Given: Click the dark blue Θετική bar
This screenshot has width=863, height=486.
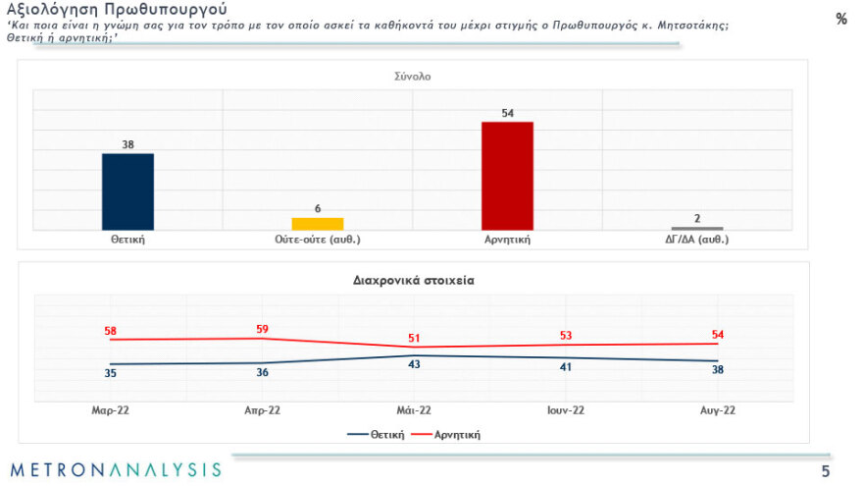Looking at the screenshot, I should pos(127,191).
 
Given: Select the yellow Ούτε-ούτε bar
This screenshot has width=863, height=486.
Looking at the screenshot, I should pos(318,224).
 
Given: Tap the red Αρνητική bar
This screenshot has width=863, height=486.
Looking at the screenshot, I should pos(507,176).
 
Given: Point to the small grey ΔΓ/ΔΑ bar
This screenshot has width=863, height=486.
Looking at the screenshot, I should pos(697,229).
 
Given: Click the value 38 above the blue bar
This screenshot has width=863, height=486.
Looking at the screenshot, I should pos(127,144).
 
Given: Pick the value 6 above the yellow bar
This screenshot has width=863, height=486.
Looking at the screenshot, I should pos(318,208).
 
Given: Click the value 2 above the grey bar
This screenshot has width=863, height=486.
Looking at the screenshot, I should pos(697,218).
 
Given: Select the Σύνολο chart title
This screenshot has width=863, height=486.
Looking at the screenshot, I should pos(412,76).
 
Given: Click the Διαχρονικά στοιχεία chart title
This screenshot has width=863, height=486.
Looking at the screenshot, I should pos(413,280).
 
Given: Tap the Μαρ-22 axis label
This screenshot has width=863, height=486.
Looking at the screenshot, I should pos(109,410).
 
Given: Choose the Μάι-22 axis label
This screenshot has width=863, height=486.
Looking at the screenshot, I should pos(413,410).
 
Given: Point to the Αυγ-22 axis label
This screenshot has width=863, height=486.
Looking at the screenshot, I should pos(717,410).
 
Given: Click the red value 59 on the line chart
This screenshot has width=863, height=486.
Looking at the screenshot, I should pos(262,330).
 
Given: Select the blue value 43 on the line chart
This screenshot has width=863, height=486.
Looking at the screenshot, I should pos(414,365).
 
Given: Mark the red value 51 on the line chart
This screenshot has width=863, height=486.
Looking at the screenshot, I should pos(414,339).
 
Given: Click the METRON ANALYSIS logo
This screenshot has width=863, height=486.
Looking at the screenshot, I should pos(116,469).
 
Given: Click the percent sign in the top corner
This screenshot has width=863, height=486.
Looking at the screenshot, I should pos(841,19).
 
